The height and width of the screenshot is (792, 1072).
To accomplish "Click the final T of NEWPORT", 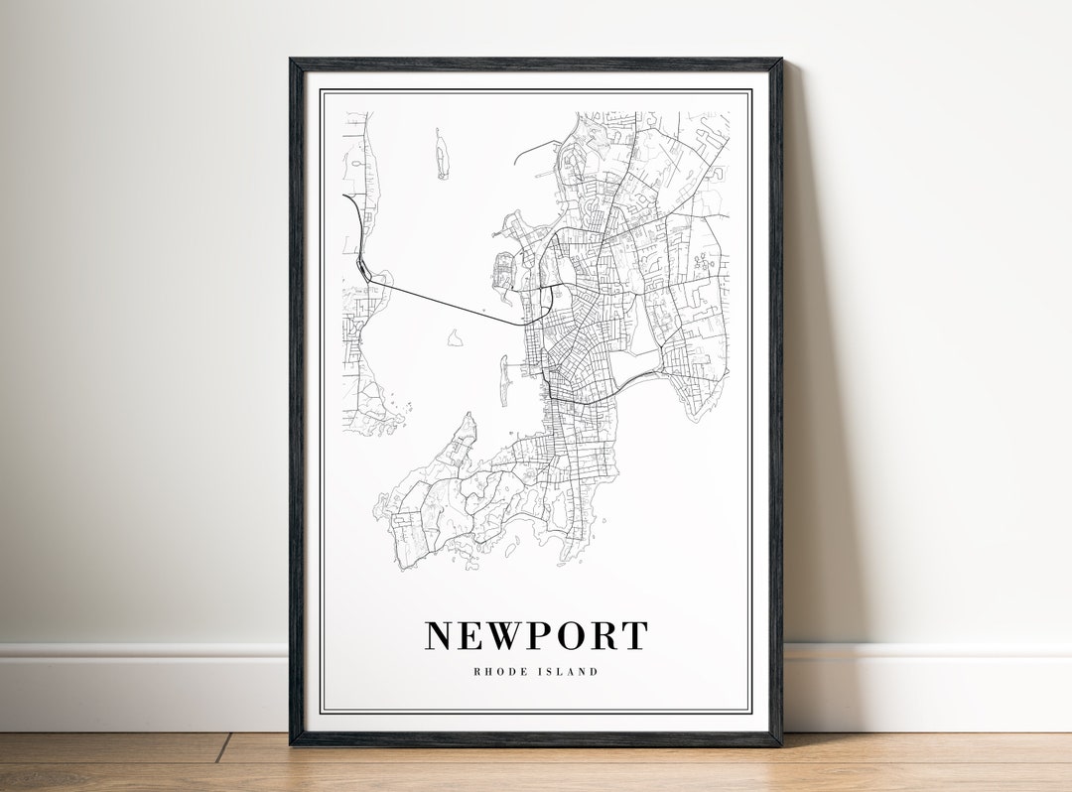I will (x=634, y=635).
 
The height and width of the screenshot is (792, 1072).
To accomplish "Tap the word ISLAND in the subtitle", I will (x=570, y=672).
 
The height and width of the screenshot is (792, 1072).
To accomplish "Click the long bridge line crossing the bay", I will (x=447, y=304).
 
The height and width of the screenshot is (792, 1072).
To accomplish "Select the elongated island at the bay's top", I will (x=441, y=155).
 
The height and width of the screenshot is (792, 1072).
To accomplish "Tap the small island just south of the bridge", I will (x=455, y=339).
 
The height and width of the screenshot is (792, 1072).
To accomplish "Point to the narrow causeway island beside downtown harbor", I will (x=503, y=382).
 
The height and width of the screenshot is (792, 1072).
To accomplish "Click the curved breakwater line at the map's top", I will (x=536, y=149).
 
